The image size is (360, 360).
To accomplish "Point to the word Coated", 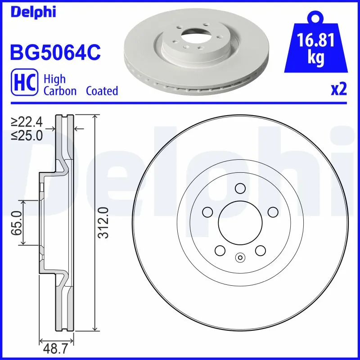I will point(102,91).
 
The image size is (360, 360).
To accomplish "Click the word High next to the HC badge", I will point(54,79).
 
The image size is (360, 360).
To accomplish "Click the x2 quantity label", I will point(338,90).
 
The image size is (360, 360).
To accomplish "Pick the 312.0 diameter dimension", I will point(103,222).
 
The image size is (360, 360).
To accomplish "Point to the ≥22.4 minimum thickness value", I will point(27,121).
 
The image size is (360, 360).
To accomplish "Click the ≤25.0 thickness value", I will point(27,135).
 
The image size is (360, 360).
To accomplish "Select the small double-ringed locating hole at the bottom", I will point(240,258).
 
